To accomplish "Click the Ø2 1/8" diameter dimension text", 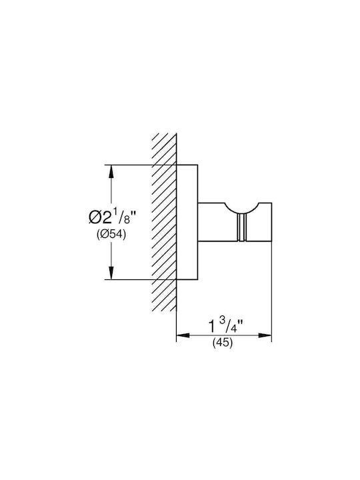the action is (112, 217).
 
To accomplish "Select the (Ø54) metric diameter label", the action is (111, 235).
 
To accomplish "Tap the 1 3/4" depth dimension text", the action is (226, 325).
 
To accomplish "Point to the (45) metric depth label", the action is (223, 343).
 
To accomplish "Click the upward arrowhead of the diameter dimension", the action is (111, 171).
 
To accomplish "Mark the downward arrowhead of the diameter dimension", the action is (111, 273).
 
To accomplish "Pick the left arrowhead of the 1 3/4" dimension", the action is (183, 335).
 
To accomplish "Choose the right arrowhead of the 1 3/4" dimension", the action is (265, 335).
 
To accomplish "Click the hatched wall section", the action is (165, 222).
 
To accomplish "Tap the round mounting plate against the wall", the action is (187, 222).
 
